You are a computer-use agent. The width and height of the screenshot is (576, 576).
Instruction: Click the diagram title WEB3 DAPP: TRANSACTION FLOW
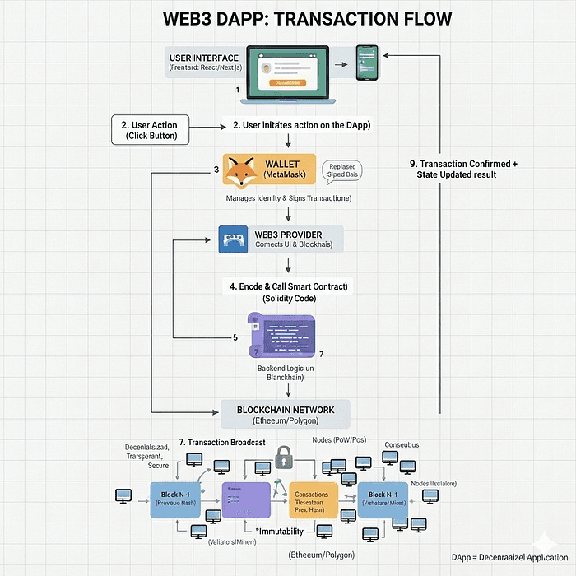(x=287, y=18)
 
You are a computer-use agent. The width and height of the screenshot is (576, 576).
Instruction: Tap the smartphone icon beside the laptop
(x=366, y=63)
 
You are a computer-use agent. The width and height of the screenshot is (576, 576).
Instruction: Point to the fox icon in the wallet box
(x=242, y=174)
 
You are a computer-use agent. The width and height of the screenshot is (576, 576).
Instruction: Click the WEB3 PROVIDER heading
(x=289, y=234)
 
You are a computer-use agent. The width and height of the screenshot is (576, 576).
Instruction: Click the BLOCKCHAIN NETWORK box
(x=286, y=414)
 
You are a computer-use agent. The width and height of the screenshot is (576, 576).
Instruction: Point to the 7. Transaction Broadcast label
(x=222, y=443)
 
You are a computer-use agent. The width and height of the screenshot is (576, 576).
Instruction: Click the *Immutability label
(x=281, y=532)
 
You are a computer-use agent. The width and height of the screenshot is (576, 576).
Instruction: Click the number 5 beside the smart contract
(x=235, y=337)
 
